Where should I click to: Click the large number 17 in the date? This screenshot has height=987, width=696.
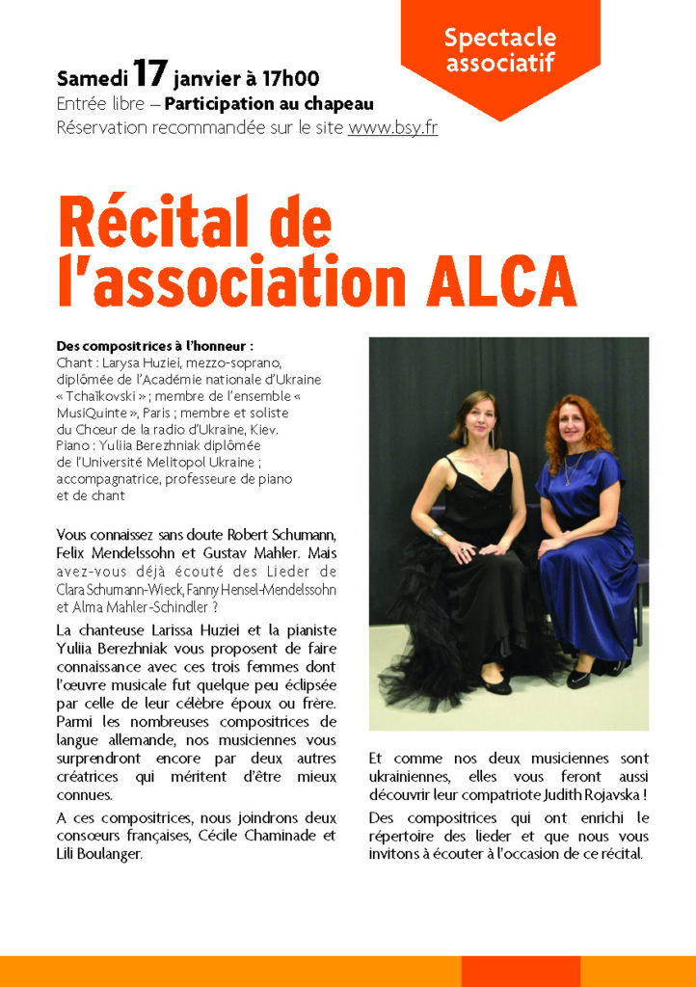click(152, 74)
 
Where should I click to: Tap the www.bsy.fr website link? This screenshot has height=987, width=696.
click(392, 127)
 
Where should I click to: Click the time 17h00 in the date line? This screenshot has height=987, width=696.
click(289, 79)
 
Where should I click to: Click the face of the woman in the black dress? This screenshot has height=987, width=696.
click(479, 420)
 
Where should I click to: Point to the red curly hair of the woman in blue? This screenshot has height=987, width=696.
click(578, 424)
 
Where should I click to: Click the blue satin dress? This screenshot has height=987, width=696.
click(583, 569)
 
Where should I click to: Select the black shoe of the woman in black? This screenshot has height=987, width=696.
click(495, 685)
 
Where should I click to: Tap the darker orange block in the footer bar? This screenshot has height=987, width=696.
click(521, 971)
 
